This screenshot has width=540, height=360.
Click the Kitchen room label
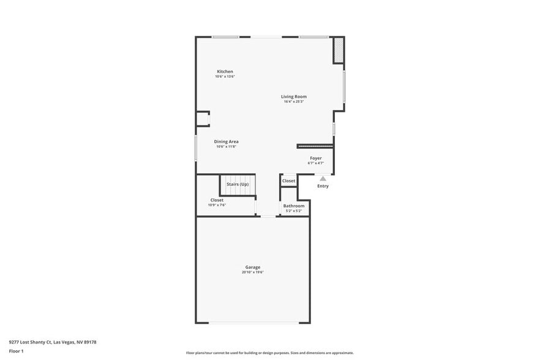coord(225,72)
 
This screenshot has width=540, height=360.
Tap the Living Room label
coord(294,97)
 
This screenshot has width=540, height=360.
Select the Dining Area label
coord(226,141)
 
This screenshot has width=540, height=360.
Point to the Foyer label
coord(315,158)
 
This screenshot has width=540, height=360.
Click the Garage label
coord(253,267)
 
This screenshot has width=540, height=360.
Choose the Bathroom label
coord(294,206)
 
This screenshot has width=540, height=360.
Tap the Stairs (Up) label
coord(238,184)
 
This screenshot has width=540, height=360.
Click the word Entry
coord(323,186)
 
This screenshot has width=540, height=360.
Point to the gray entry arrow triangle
coord(323,179)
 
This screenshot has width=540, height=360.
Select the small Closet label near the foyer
coord(288,181)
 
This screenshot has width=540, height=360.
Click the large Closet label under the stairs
coord(217,200)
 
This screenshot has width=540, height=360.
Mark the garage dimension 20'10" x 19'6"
coord(253,272)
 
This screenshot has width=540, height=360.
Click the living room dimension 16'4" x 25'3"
coord(294,102)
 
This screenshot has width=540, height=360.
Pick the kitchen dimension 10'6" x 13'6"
coord(225,77)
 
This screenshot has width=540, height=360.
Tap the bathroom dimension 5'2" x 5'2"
coord(294,211)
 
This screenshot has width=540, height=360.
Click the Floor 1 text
coord(17,351)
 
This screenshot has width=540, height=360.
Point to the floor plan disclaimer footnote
coord(269,353)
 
